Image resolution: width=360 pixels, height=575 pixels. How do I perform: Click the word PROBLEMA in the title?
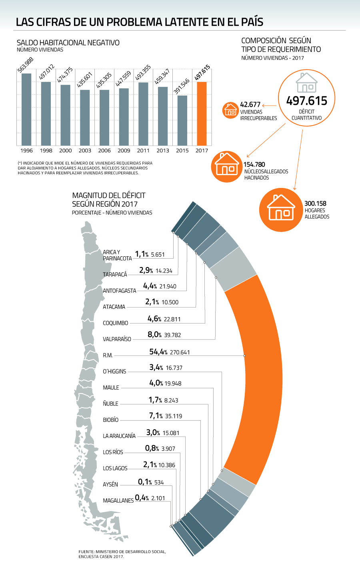[x=133, y=22]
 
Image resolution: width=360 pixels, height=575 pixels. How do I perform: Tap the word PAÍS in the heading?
[x=252, y=22]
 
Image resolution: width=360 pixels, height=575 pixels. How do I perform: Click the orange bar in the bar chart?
[x=202, y=114]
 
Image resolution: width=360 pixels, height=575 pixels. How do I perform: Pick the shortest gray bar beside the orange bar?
[x=182, y=120]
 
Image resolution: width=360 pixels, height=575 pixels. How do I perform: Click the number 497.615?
[x=307, y=101]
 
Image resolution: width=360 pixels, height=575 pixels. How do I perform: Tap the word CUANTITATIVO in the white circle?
[x=307, y=118]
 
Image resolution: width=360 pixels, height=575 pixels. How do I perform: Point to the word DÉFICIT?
[x=307, y=112]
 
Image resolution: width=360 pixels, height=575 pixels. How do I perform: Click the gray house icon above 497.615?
[x=307, y=83]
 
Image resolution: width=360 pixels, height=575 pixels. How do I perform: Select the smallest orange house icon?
[x=230, y=110]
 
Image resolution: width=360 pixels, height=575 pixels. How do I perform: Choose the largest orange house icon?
[x=281, y=210]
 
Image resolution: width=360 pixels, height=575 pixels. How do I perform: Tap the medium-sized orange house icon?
[x=227, y=167]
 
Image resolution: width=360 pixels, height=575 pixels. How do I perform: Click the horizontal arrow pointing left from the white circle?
[x=270, y=106]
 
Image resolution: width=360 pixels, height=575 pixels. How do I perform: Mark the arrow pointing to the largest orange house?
[x=298, y=160]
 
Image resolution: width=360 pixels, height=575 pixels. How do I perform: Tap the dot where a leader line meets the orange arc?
[x=244, y=355]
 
